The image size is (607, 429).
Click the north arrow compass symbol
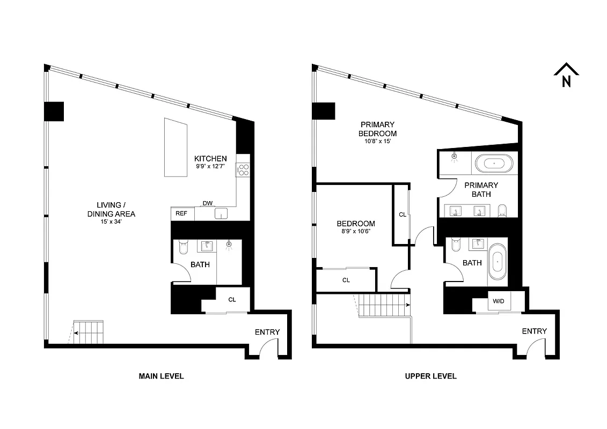tap(566, 76)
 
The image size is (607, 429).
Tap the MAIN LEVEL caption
tap(161, 376)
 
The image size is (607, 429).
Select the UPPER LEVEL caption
tap(430, 376)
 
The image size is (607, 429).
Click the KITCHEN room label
tap(210, 159)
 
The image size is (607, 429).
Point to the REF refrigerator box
tap(182, 213)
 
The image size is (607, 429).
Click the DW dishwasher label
tap(207, 203)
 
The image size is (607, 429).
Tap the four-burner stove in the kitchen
tap(243, 169)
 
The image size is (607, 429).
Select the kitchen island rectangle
tap(175, 147)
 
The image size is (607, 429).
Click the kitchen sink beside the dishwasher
tap(221, 213)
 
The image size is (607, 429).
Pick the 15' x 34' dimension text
tap(115, 222)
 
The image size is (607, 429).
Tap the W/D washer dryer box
tap(499, 302)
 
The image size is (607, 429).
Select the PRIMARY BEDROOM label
tap(378, 129)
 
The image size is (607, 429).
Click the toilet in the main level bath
tap(183, 247)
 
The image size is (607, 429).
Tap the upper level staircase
tap(383, 306)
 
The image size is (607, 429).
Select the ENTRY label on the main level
tap(267, 332)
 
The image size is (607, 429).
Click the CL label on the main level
tap(232, 300)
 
